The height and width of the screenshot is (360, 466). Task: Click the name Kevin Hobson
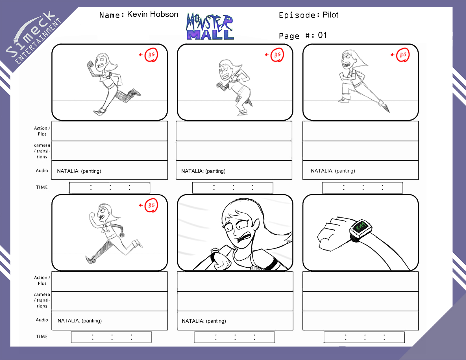[x=153, y=14]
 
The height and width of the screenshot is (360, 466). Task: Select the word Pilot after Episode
[x=330, y=15]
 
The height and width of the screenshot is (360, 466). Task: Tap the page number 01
[x=322, y=35]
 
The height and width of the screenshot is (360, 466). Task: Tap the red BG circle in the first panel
[x=151, y=55]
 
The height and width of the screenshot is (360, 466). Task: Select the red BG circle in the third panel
[x=403, y=55]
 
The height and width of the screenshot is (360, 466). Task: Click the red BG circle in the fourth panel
[x=151, y=205]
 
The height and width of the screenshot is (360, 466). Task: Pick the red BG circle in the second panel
[x=277, y=55]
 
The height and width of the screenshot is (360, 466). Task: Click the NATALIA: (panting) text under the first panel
[x=79, y=171]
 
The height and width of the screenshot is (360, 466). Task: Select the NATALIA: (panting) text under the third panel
[x=333, y=171]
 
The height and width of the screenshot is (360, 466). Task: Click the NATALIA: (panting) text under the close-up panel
[x=204, y=321]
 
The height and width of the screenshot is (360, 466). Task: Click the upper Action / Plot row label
[x=42, y=131]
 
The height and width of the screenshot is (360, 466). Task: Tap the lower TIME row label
[x=42, y=336]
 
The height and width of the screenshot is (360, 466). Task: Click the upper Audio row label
[x=42, y=171]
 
